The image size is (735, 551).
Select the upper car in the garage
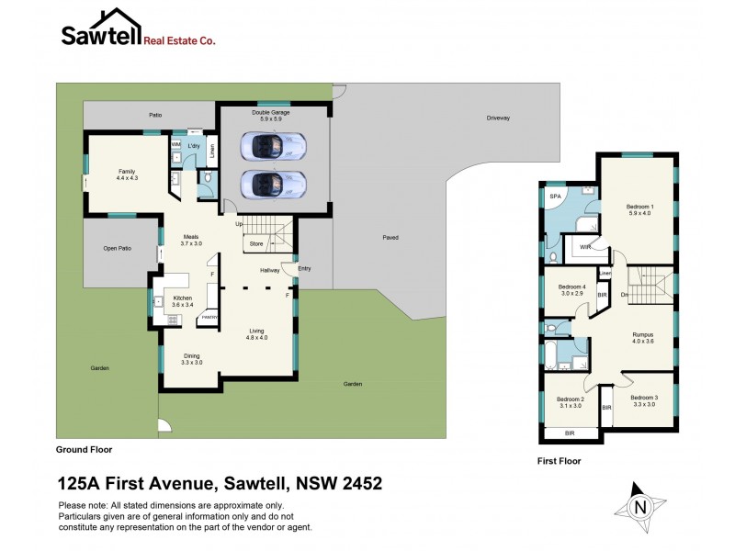click(273, 145)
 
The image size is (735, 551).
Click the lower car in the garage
click(273, 184)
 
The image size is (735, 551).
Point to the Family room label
click(127, 174)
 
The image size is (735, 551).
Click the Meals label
click(190, 240)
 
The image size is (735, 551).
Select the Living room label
click(256, 334)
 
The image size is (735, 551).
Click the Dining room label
click(191, 359)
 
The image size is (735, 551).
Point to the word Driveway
click(499, 118)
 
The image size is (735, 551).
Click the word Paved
click(390, 237)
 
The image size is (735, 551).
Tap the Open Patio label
click(118, 248)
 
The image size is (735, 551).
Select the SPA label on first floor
click(554, 197)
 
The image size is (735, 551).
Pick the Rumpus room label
click(642, 338)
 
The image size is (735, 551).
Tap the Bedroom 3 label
click(642, 400)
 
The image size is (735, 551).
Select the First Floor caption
click(559, 461)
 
